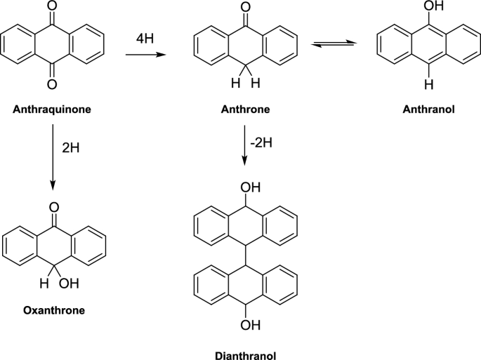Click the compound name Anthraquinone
52,109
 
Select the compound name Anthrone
245,109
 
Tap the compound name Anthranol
428,109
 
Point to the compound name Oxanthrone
54,310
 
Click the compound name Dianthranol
245,356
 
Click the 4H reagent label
145,39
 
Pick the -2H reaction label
261,142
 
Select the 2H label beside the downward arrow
70,148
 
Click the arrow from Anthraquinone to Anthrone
146,55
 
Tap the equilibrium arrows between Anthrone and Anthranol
334,44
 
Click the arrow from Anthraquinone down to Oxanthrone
53,157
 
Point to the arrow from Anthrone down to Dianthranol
244,145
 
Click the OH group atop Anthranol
434,6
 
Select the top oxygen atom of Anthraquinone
53,6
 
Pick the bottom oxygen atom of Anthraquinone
52,84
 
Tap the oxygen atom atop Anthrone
245,6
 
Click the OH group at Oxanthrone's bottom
69,284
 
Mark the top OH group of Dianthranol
251,187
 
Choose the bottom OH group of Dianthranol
251,324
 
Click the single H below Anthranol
429,84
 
